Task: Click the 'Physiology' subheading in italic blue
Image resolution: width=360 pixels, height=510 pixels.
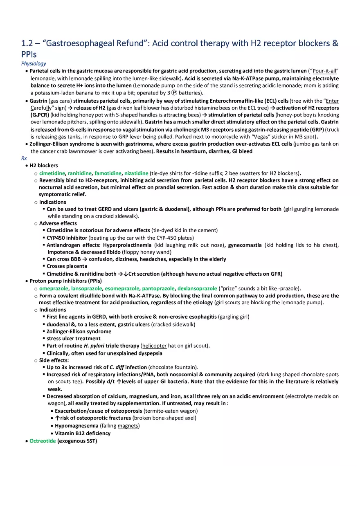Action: [34, 63]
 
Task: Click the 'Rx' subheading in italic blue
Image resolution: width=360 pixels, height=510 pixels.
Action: [24, 158]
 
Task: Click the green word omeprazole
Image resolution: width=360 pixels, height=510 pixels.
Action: [54, 288]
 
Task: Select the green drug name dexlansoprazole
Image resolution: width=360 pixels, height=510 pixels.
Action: [197, 288]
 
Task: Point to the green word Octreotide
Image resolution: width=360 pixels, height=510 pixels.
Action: [43, 441]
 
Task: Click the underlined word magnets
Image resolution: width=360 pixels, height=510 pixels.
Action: [128, 426]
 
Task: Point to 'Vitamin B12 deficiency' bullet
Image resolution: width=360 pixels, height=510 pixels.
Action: [83, 433]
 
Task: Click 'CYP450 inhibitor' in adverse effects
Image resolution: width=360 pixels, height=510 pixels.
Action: [67, 238]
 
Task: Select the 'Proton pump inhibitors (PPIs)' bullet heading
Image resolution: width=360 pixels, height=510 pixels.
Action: [65, 281]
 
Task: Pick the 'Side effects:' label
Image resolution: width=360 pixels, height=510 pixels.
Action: [54, 360]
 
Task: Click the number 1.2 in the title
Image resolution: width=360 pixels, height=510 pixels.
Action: [27, 43]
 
